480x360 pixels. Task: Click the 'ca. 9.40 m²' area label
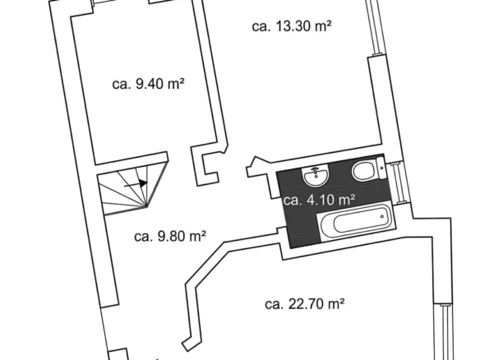[148, 84]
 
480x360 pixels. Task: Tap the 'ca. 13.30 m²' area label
[292, 26]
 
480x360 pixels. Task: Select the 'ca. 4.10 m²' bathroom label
[319, 200]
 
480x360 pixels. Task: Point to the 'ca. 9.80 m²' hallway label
[170, 236]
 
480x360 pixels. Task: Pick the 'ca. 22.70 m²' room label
[305, 304]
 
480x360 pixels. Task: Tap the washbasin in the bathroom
[316, 176]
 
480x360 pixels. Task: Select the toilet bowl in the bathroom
[363, 171]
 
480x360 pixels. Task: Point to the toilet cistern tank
[381, 168]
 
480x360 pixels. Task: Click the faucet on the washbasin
[316, 171]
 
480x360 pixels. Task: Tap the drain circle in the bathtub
[382, 217]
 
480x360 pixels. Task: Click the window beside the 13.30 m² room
[374, 27]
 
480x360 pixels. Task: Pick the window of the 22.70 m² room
[444, 331]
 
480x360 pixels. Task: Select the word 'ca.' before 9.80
[143, 237]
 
